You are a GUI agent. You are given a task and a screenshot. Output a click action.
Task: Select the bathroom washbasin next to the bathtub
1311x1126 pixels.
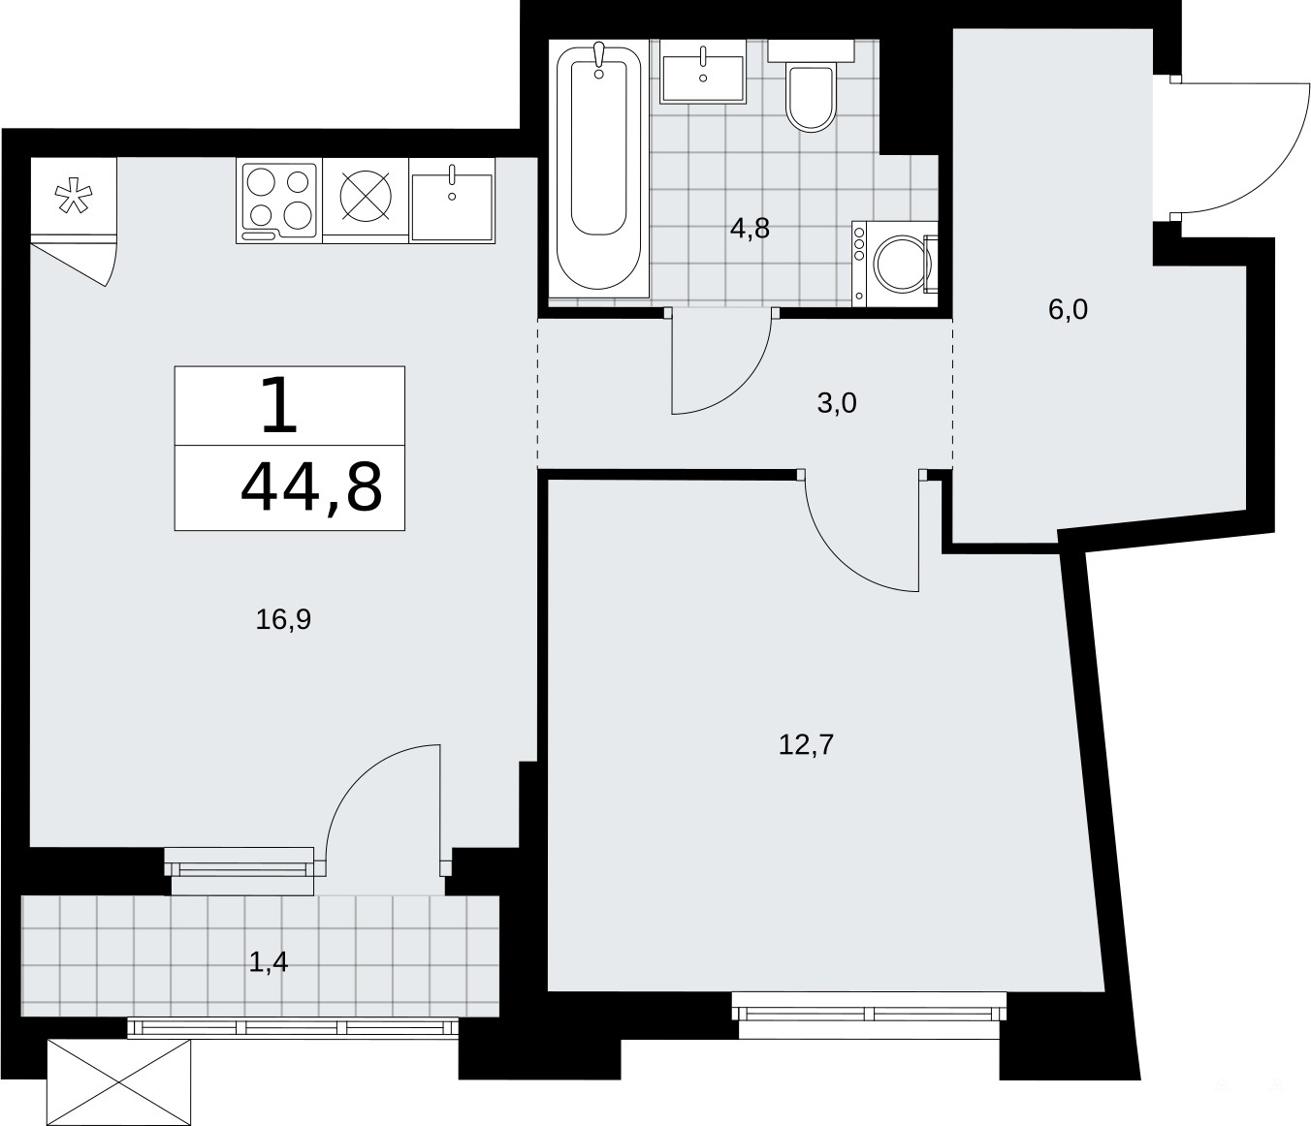tap(703, 71)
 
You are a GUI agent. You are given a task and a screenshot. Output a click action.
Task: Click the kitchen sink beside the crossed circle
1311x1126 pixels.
tap(452, 201)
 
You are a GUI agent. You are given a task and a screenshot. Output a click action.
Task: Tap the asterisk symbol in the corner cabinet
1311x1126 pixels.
tap(74, 197)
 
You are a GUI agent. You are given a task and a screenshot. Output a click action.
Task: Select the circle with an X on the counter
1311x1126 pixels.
tap(366, 196)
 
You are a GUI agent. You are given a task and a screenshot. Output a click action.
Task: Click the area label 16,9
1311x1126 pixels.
tap(283, 619)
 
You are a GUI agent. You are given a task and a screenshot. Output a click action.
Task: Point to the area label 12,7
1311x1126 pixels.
tap(806, 744)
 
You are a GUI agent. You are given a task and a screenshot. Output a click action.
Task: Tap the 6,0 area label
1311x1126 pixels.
tap(1068, 309)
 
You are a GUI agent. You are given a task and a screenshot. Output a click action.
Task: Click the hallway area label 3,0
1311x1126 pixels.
tap(837, 403)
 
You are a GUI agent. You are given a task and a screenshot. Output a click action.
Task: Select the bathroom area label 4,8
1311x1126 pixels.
tap(750, 229)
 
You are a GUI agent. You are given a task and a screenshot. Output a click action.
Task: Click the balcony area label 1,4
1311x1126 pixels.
tap(269, 962)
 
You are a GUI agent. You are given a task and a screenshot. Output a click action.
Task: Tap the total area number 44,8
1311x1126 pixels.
tap(311, 486)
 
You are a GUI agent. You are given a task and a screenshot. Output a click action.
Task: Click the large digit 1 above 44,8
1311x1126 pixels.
tap(279, 405)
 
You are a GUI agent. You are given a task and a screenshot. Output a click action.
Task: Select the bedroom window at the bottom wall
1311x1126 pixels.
tap(869, 1015)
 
